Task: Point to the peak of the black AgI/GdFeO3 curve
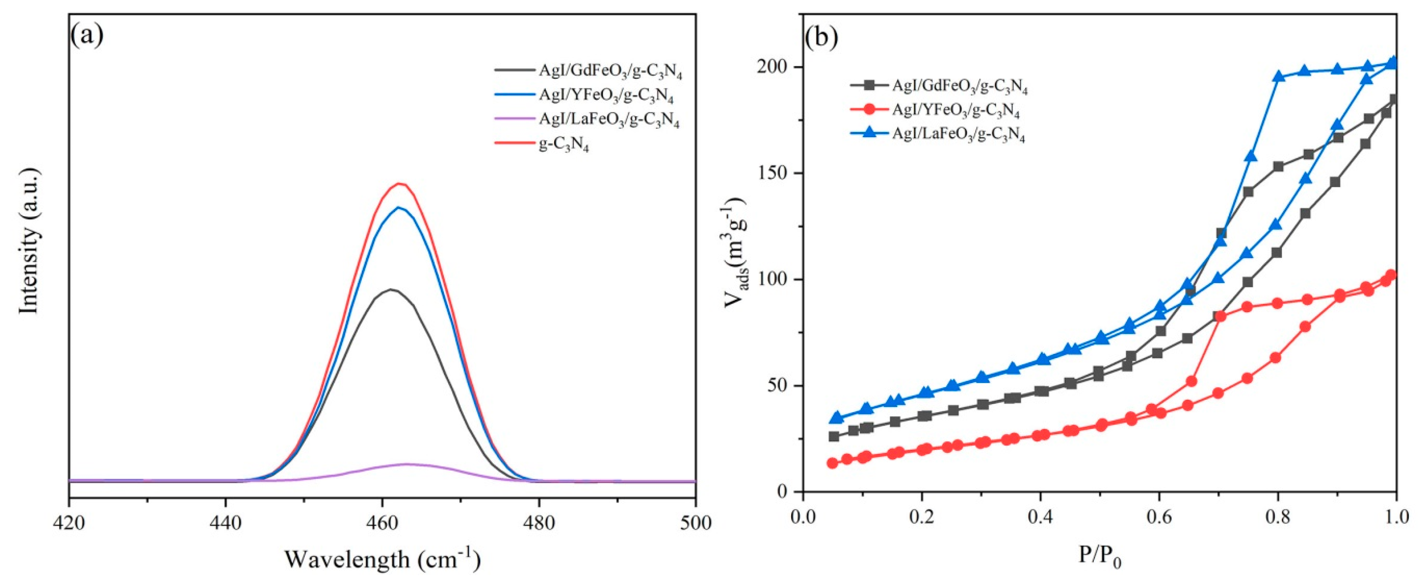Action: point(391,289)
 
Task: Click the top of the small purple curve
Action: point(407,464)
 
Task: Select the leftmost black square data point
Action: point(834,436)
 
